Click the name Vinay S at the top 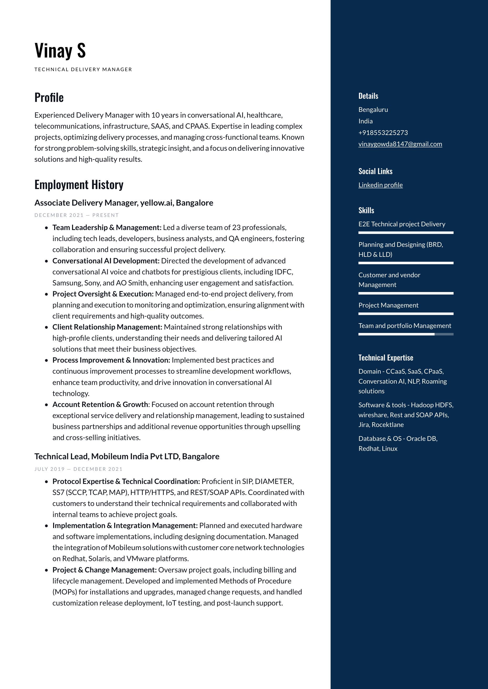click(60, 50)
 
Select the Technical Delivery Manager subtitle click(83, 69)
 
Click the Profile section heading click(49, 97)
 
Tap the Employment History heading click(79, 185)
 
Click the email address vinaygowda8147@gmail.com click(400, 144)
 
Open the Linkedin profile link click(380, 185)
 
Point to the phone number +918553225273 click(383, 133)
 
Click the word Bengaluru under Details click(373, 109)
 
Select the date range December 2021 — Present click(77, 215)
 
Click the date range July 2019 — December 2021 click(78, 469)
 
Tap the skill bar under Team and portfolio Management click(406, 334)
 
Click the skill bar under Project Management click(406, 314)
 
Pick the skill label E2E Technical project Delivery click(402, 224)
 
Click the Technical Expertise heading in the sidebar click(385, 358)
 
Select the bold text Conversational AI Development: click(106, 261)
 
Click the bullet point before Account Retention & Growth click(46, 405)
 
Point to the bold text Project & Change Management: click(105, 570)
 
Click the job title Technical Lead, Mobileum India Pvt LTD click(127, 456)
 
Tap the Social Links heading click(375, 171)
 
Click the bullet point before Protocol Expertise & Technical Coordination click(46, 482)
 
